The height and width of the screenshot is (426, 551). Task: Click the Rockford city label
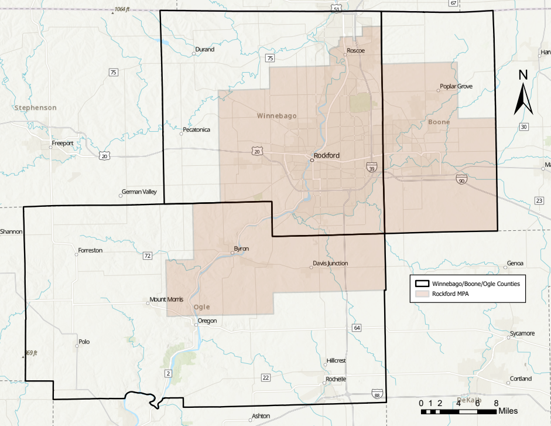pyautogui.click(x=327, y=156)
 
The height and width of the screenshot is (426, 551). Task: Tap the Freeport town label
pyautogui.click(x=63, y=143)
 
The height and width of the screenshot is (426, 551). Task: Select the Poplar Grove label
pyautogui.click(x=456, y=87)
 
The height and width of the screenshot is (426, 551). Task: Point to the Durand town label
pyautogui.click(x=205, y=50)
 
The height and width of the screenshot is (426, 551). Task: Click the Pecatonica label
pyautogui.click(x=196, y=129)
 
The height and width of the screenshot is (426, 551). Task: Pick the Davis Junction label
pyautogui.click(x=330, y=264)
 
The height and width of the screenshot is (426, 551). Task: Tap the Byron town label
pyautogui.click(x=241, y=249)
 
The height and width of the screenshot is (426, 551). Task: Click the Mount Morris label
pyautogui.click(x=166, y=299)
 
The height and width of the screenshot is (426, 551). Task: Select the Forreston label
pyautogui.click(x=90, y=250)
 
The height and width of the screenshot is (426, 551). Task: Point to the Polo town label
pyautogui.click(x=84, y=342)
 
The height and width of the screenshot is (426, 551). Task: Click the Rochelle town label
pyautogui.click(x=336, y=379)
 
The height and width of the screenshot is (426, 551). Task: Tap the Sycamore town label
pyautogui.click(x=522, y=333)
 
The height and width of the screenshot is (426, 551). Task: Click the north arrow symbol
pyautogui.click(x=523, y=92)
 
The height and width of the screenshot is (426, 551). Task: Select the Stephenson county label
pyautogui.click(x=36, y=108)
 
